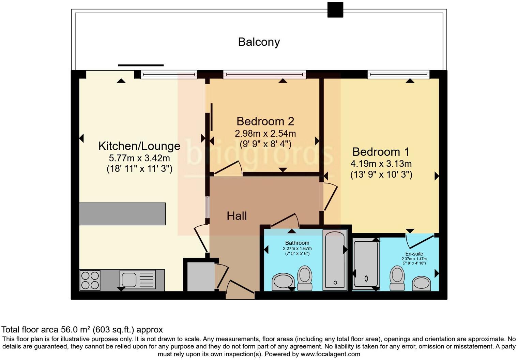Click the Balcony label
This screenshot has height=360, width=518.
click(259, 42)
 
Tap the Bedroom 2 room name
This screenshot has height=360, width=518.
click(265, 121)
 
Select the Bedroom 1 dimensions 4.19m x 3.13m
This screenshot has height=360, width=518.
click(381, 164)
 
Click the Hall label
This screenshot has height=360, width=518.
click(237, 216)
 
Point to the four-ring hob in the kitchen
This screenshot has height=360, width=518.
click(90, 281)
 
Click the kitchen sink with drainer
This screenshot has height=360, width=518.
click(137, 280)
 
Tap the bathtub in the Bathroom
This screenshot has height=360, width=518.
click(335, 260)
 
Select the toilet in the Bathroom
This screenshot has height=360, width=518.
click(305, 278)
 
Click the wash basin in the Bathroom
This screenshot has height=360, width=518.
click(283, 282)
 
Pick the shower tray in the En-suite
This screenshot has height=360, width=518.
click(366, 264)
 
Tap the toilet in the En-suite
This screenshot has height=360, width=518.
click(397, 278)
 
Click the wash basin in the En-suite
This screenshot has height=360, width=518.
click(421, 283)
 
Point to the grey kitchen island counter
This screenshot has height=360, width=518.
click(122, 214)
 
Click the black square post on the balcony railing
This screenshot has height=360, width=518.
click(335, 10)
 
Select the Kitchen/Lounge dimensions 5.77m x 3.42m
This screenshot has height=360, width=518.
click(139, 158)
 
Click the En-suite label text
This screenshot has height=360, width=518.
click(414, 254)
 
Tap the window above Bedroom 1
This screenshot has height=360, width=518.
click(398, 74)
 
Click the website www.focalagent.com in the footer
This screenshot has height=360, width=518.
click(330, 354)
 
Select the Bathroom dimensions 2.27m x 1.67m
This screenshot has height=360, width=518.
click(297, 249)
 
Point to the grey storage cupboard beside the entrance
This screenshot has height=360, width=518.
click(201, 276)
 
